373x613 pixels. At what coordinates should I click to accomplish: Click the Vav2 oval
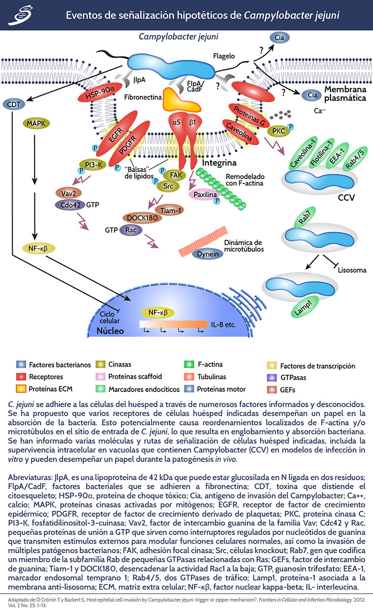pyautogui.click(x=66, y=193)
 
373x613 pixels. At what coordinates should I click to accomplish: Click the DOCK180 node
pyautogui.click(x=139, y=218)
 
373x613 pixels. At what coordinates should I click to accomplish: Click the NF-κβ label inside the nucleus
pyautogui.click(x=158, y=312)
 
